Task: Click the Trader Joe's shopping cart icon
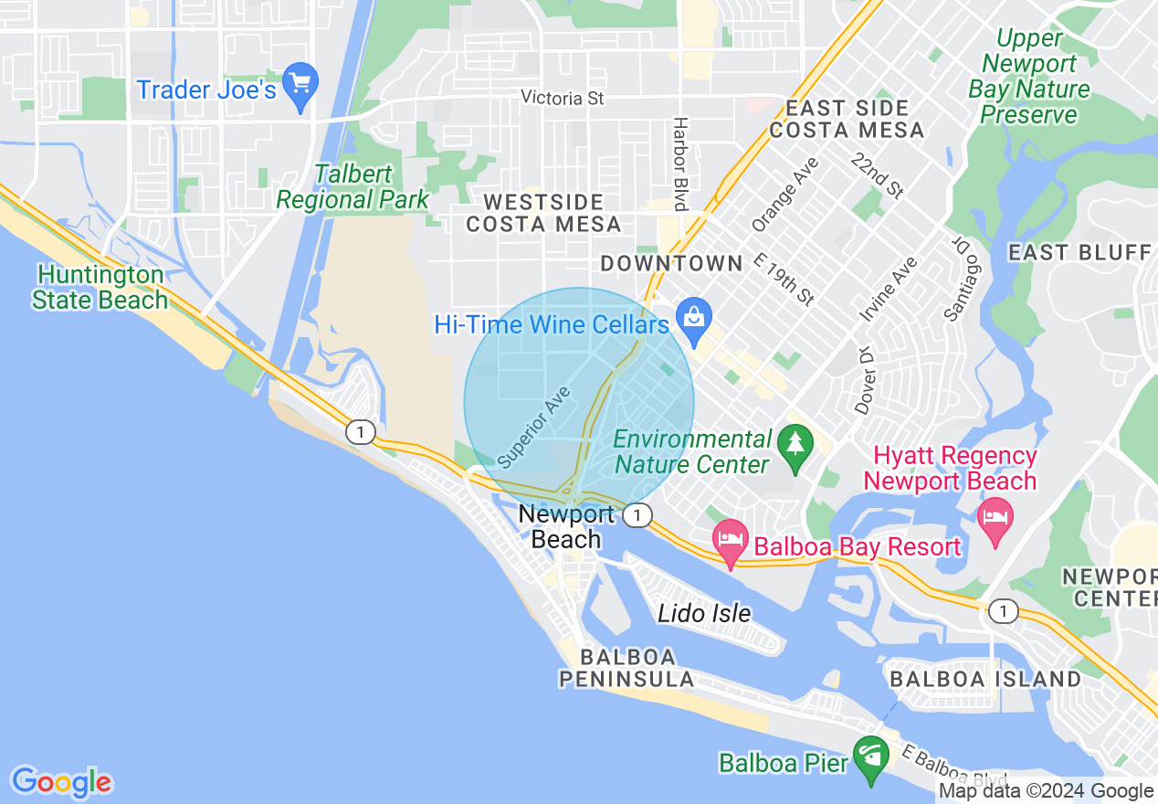point(300,82)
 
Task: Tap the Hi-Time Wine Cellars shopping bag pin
point(694,319)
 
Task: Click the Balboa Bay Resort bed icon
point(731,538)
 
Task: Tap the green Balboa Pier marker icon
point(870,757)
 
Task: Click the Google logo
point(61,782)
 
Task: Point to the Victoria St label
point(563,97)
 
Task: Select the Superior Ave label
point(536,426)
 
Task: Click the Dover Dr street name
point(863,379)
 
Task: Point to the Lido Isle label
point(704,613)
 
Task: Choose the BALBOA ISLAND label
point(985,679)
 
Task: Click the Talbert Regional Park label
point(353,186)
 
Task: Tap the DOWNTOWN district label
point(671,263)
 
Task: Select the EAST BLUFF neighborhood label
point(1079,252)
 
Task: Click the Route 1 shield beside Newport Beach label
point(637,516)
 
